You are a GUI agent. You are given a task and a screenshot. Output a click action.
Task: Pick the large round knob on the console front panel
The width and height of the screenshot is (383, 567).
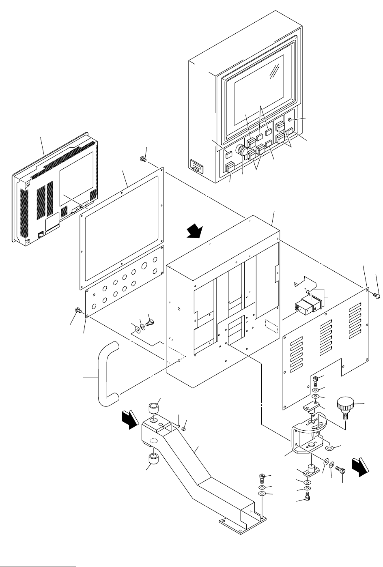[243, 152]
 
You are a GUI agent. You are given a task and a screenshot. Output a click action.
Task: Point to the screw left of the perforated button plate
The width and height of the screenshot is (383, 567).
[78, 311]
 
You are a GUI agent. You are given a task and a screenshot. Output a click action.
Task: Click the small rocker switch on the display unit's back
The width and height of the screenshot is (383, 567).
[40, 234]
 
